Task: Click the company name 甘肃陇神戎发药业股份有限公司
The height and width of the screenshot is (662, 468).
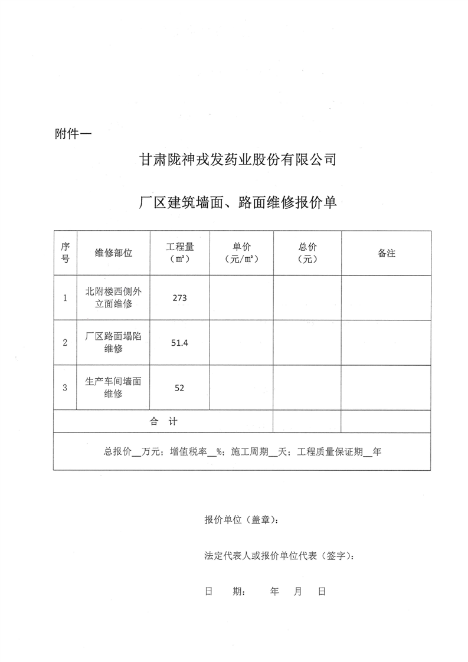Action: [x=237, y=160]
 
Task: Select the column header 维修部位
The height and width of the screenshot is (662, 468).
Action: [x=113, y=253]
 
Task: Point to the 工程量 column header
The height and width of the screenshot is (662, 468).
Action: [x=180, y=253]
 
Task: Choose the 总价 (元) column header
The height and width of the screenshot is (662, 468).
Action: [x=307, y=253]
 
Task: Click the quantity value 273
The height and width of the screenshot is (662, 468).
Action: [x=179, y=298]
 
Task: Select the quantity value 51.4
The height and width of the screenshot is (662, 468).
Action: [x=179, y=343]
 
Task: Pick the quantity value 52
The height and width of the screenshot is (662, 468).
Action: [x=179, y=388]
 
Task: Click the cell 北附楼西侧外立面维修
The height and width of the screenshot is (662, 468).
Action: [x=113, y=298]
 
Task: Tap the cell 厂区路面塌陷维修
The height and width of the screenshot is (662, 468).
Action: [x=113, y=343]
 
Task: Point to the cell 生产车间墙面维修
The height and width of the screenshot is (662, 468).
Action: [x=113, y=388]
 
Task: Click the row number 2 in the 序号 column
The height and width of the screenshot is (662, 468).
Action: [x=65, y=343]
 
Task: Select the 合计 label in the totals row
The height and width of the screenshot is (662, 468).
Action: [x=163, y=421]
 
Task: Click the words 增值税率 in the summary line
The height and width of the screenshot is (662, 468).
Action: [x=188, y=452]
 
